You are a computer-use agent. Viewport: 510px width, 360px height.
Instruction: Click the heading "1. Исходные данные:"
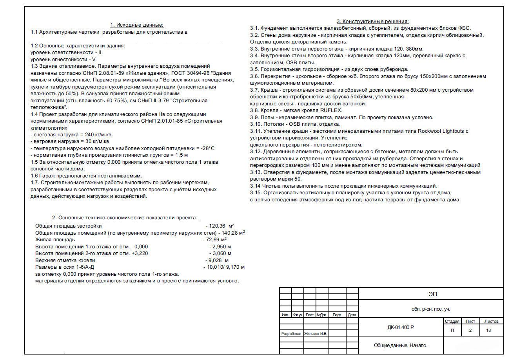136,25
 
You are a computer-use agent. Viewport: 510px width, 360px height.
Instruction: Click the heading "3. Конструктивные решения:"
372,22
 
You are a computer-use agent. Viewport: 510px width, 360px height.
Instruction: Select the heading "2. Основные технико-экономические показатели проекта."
125,218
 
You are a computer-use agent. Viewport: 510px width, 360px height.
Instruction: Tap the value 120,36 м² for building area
221,226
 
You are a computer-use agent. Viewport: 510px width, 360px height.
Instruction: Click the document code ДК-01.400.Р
401,327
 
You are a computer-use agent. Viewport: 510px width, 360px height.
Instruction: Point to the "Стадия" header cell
452,321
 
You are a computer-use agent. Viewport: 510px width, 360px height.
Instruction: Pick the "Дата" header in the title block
352,315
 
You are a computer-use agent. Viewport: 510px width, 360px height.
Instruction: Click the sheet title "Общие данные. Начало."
400,346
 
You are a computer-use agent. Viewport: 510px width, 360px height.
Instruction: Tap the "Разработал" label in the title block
291,334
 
